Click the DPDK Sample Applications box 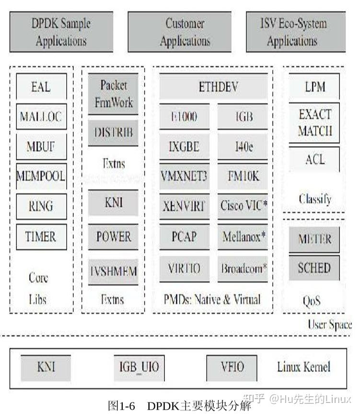pyautogui.click(x=61, y=32)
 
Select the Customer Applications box pyautogui.click(x=185, y=32)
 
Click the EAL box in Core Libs pyautogui.click(x=41, y=87)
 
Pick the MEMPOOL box pyautogui.click(x=41, y=176)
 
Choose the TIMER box pyautogui.click(x=41, y=236)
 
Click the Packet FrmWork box pyautogui.click(x=113, y=94)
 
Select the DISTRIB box pyautogui.click(x=113, y=132)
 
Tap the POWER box pyautogui.click(x=113, y=237)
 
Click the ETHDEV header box pyautogui.click(x=213, y=87)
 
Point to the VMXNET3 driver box pyautogui.click(x=184, y=176)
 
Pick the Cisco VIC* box pyautogui.click(x=244, y=206)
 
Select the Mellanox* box pyautogui.click(x=244, y=236)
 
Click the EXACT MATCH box pyautogui.click(x=314, y=122)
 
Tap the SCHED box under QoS pyautogui.click(x=314, y=267)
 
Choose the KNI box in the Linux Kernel pyautogui.click(x=46, y=368)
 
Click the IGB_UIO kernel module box pyautogui.click(x=139, y=368)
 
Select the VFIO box pyautogui.click(x=232, y=368)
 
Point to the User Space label pyautogui.click(x=330, y=325)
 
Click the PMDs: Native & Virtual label pyautogui.click(x=212, y=300)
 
